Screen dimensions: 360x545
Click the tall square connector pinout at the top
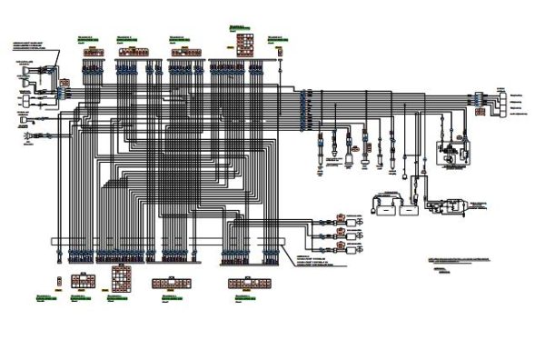[x=244, y=42]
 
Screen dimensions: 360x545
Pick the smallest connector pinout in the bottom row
[x=57, y=278]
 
